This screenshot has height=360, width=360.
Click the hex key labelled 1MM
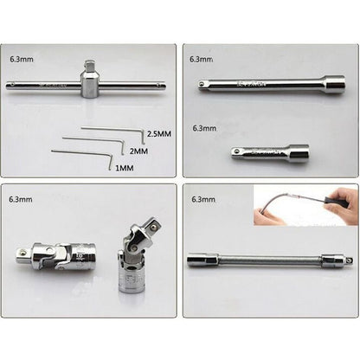click(78, 153)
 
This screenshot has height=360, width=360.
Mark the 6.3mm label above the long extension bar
click(202, 60)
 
